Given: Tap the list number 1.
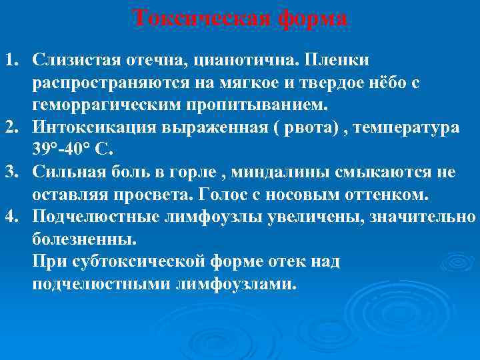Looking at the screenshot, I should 12,61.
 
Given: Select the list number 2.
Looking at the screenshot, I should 12,127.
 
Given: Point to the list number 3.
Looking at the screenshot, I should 12,172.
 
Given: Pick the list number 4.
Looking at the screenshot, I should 12,217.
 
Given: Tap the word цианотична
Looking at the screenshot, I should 245,61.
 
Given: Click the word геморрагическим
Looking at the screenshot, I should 111,105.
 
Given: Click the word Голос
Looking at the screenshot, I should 272,194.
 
